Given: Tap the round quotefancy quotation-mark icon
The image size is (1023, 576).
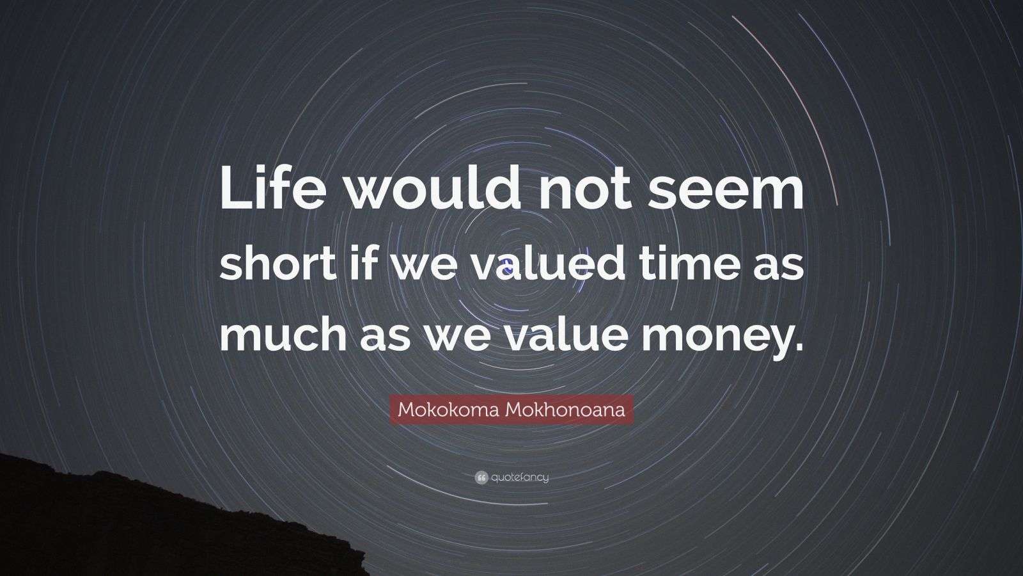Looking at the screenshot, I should click(481, 477).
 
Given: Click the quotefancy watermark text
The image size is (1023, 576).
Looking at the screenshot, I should click(520, 477).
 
